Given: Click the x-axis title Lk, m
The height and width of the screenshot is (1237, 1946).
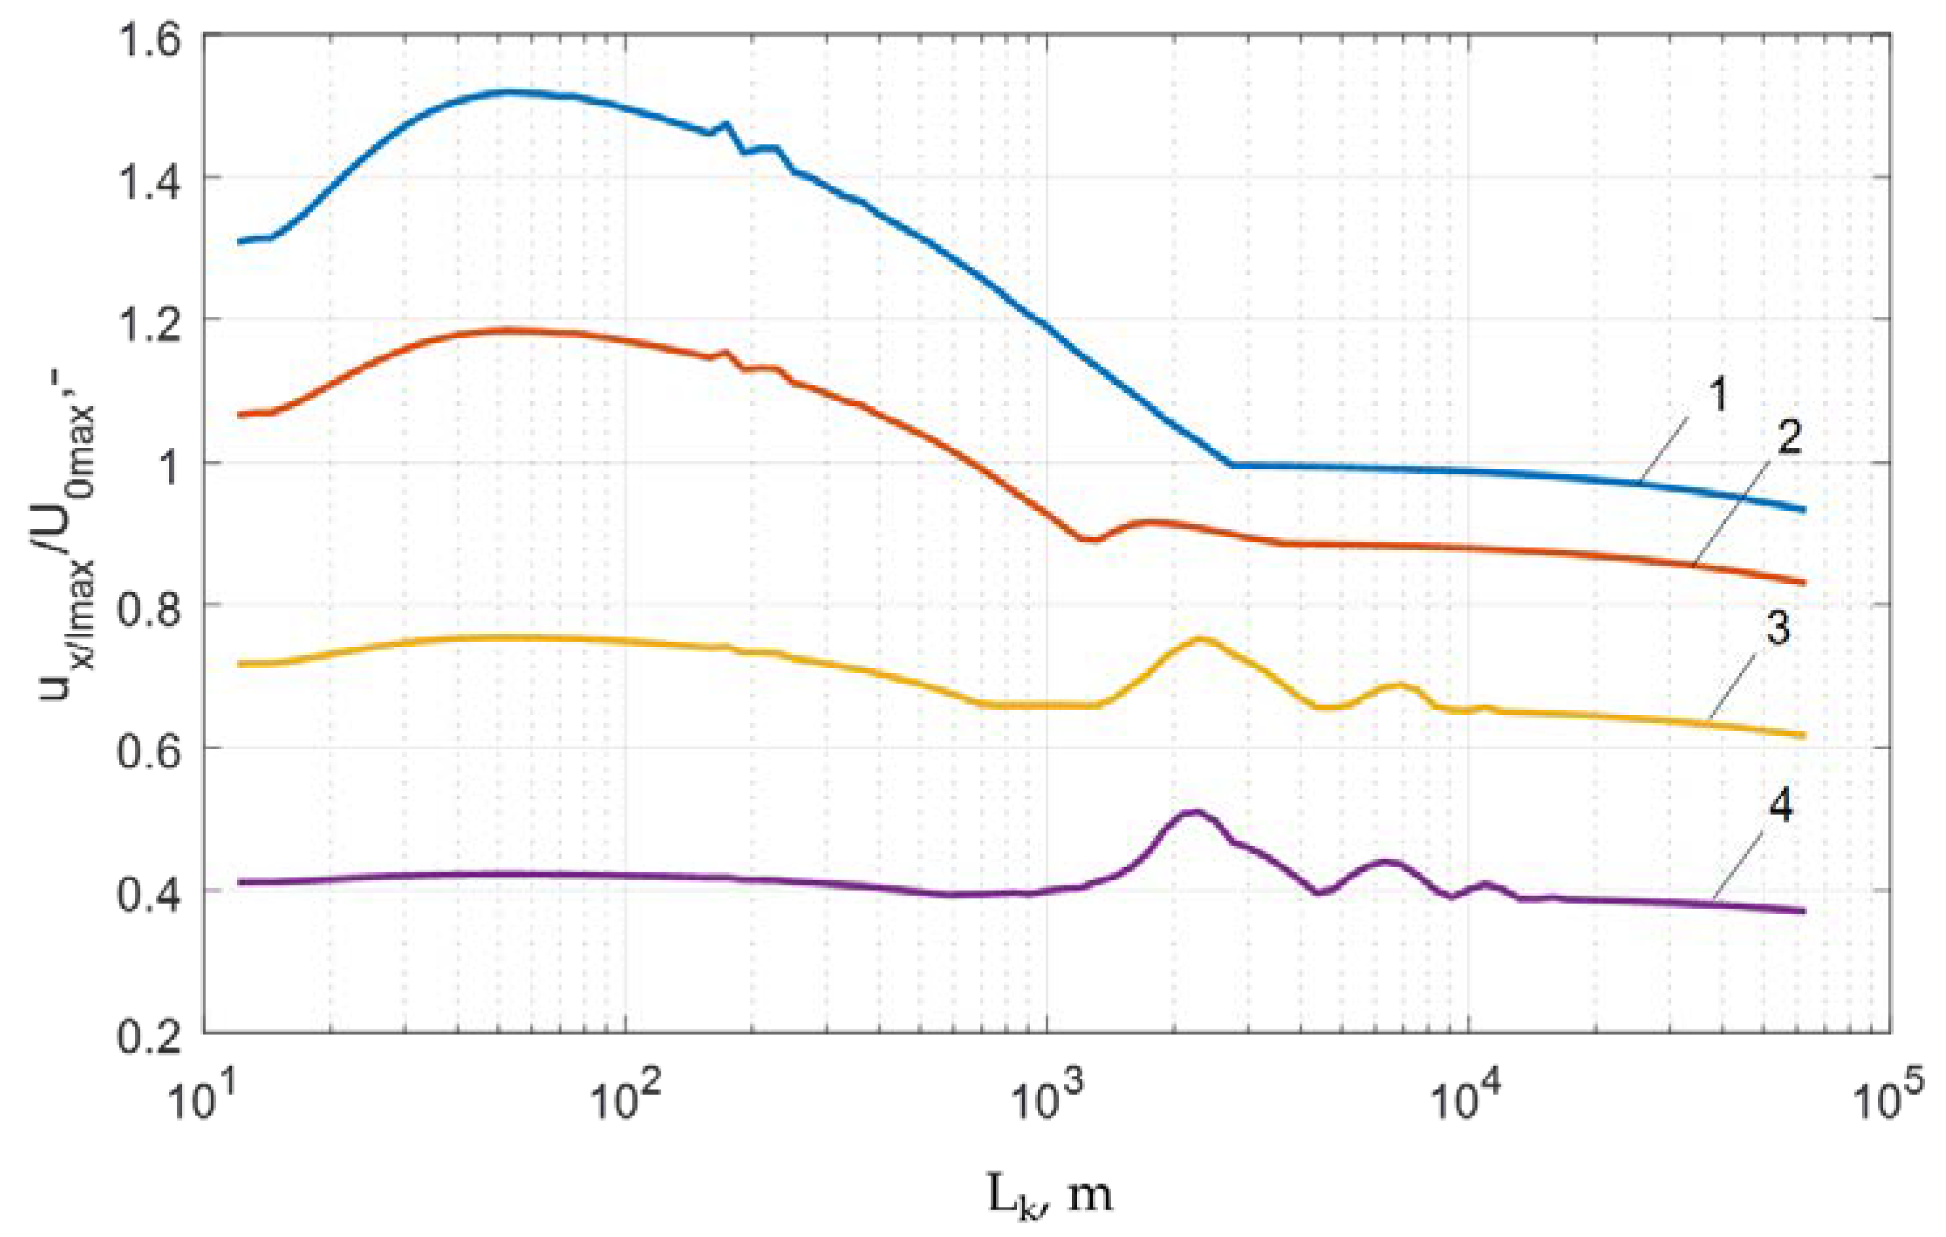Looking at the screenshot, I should (x=1049, y=1192).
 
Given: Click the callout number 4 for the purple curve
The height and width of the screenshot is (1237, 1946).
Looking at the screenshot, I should (x=1776, y=805).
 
